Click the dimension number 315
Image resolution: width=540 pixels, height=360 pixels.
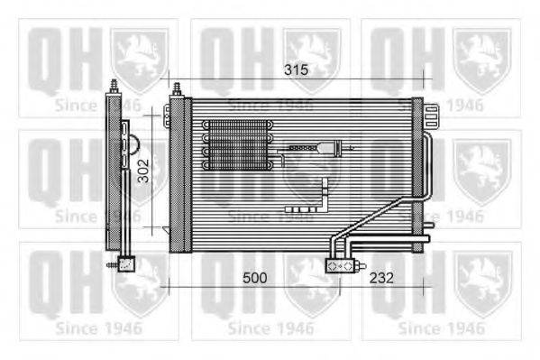297,70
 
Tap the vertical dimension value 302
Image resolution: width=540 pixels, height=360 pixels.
143,171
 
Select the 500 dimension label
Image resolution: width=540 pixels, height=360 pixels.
255,278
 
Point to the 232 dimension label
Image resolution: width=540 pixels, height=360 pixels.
381,278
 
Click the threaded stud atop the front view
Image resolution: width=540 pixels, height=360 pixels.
178,89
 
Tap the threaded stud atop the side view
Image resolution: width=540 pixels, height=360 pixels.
114,87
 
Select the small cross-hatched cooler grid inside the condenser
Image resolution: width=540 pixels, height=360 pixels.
238,145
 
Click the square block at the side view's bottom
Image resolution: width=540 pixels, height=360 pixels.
126,264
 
